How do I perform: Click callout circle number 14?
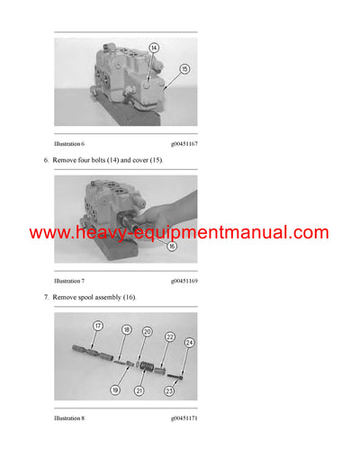pos(153,48)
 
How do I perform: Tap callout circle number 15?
pos(184,68)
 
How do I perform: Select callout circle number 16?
pos(171,244)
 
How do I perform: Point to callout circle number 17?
pos(97,326)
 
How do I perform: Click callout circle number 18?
pos(126,331)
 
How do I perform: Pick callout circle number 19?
pos(115,390)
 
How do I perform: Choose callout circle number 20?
pos(147,332)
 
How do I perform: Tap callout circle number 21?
pos(139,391)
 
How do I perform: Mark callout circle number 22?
pos(169,337)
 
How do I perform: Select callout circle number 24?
pos(190,343)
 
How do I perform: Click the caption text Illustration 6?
pos(69,144)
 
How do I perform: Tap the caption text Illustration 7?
pos(69,282)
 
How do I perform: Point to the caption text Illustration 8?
pos(69,418)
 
